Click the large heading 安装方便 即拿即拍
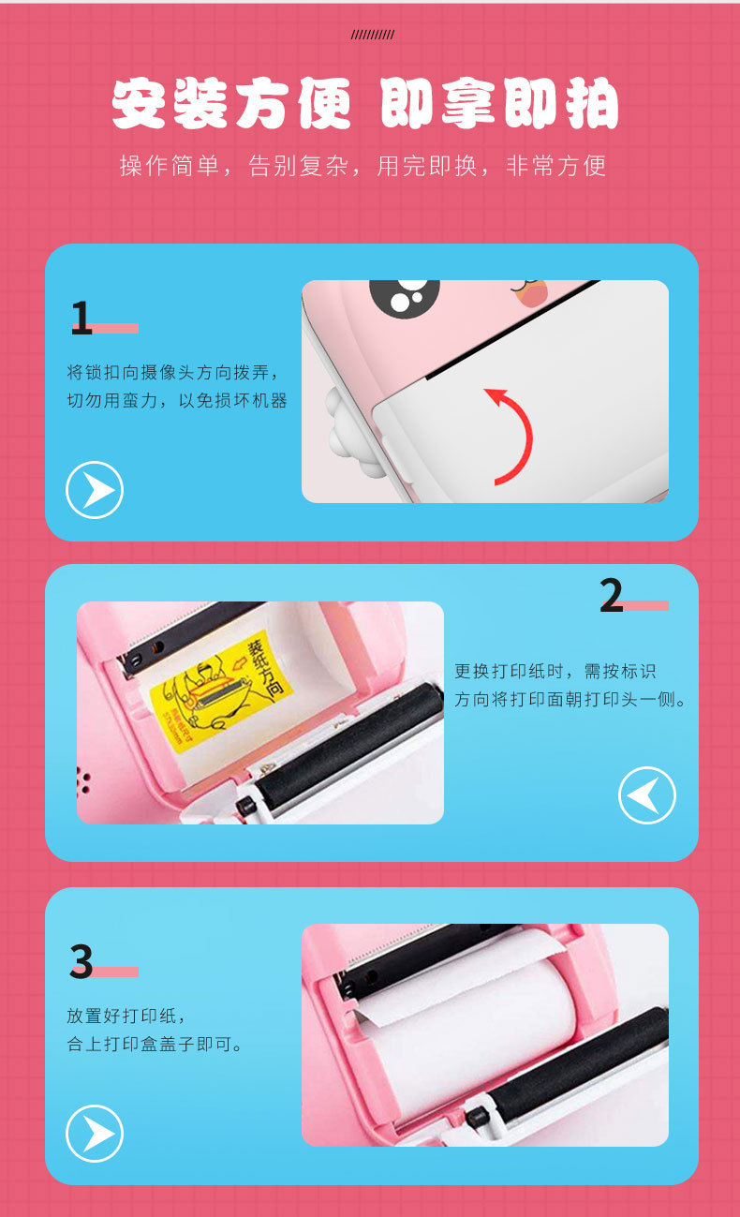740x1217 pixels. click(365, 103)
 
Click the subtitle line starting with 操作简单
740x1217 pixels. click(363, 166)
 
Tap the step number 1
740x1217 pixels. click(81, 319)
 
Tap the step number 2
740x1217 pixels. click(611, 596)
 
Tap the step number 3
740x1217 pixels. click(81, 962)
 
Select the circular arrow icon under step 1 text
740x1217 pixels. click(95, 490)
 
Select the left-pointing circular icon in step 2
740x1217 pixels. click(647, 795)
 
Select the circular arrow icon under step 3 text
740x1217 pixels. click(95, 1134)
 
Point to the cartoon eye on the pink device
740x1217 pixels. click(405, 295)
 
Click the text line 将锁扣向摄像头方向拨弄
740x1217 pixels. click(172, 372)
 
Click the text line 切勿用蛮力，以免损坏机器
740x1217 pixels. click(177, 401)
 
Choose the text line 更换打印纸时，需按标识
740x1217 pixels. click(555, 671)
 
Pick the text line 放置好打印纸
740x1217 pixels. click(126, 1016)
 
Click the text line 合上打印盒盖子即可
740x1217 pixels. click(155, 1044)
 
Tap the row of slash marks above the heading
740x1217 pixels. click(373, 35)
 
